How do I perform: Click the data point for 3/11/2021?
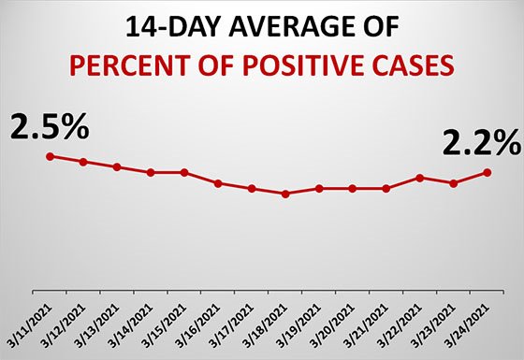coord(50,156)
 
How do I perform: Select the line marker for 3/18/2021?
coord(285,194)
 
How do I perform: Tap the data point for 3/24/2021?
coord(488,172)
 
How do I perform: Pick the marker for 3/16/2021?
coord(218,183)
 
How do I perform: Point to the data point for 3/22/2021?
coord(420,178)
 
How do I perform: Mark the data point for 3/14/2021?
coord(151,172)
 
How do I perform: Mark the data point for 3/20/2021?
coord(353,188)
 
